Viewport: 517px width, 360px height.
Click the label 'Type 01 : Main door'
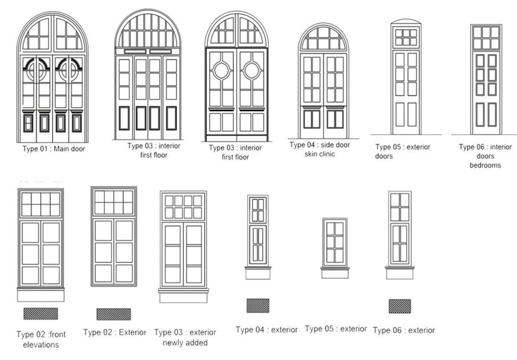(x=54, y=149)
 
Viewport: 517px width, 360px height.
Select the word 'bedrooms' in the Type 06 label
(x=485, y=166)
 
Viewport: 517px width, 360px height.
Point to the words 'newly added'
(x=185, y=343)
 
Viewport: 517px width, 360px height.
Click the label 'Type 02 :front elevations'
(x=41, y=340)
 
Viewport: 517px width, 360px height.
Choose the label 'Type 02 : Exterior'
(x=114, y=332)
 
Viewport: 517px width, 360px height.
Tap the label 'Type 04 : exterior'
(x=266, y=330)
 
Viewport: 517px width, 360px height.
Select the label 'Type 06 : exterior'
(x=404, y=330)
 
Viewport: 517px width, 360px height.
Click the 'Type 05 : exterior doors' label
(x=403, y=151)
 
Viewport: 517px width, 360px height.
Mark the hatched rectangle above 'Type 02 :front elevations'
(x=41, y=313)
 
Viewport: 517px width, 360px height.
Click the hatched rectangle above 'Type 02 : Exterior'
(x=113, y=314)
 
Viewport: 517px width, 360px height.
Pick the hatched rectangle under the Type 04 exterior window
(x=258, y=305)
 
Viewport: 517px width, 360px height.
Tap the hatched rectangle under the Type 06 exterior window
(x=399, y=306)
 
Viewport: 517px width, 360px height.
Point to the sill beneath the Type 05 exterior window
(x=335, y=273)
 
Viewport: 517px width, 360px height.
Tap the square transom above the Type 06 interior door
(x=485, y=37)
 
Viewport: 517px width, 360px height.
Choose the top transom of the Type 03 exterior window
(x=184, y=206)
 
